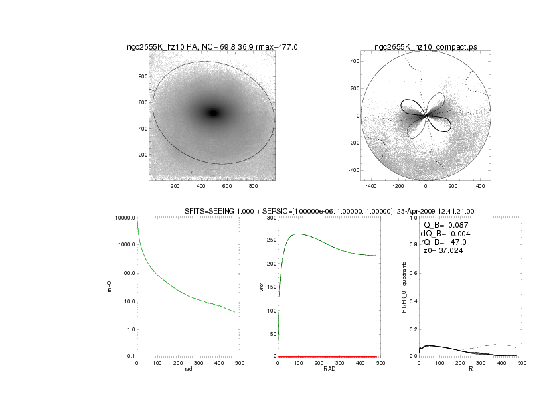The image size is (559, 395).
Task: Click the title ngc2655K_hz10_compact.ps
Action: tap(426, 47)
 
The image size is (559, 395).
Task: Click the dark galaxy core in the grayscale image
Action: tap(213, 113)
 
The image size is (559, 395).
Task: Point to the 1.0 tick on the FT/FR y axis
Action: tap(412, 218)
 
